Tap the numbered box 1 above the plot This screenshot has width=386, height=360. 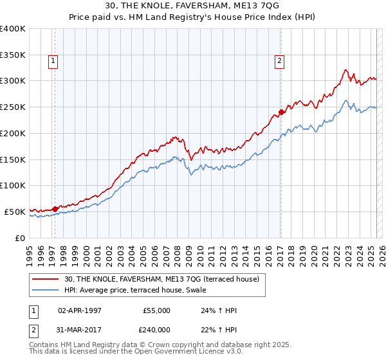(x=53, y=62)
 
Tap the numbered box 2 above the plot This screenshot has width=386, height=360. (x=280, y=62)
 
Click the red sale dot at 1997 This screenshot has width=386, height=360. (x=55, y=208)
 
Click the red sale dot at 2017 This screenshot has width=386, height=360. (x=281, y=112)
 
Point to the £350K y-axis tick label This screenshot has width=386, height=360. (x=13, y=55)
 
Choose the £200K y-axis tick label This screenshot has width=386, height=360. (x=13, y=133)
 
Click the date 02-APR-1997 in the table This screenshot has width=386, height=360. (x=78, y=310)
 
